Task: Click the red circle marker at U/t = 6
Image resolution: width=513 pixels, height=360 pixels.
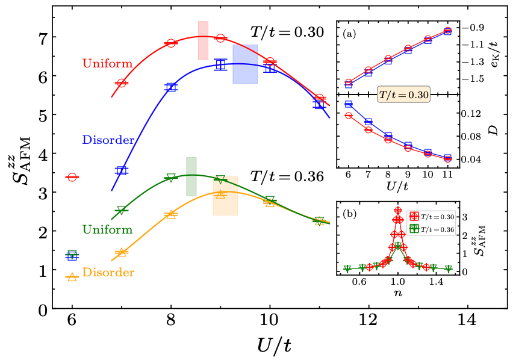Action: (x=72, y=177)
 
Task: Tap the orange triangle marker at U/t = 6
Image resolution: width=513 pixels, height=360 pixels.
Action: (x=72, y=276)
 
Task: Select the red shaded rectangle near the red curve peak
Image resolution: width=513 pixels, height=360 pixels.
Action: (x=203, y=40)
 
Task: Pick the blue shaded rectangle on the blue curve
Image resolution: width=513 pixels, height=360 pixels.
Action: (x=245, y=64)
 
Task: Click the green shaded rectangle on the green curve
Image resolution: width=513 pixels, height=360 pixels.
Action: (x=191, y=176)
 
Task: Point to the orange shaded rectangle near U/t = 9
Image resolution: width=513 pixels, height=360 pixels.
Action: (x=225, y=196)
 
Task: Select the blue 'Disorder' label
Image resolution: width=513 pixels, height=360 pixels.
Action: (x=108, y=140)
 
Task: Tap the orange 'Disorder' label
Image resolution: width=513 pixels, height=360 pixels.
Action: (x=108, y=273)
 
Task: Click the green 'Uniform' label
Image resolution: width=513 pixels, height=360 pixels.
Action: (x=107, y=229)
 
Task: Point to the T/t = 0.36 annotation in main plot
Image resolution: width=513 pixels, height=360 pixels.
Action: (x=287, y=177)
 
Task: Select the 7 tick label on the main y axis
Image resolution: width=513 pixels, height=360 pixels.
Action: (x=43, y=37)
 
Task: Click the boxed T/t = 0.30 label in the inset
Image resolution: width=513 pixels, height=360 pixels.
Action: (x=403, y=95)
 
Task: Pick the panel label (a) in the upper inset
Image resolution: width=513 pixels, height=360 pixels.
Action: (x=349, y=34)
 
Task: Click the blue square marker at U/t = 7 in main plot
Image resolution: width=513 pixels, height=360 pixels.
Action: (x=122, y=171)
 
